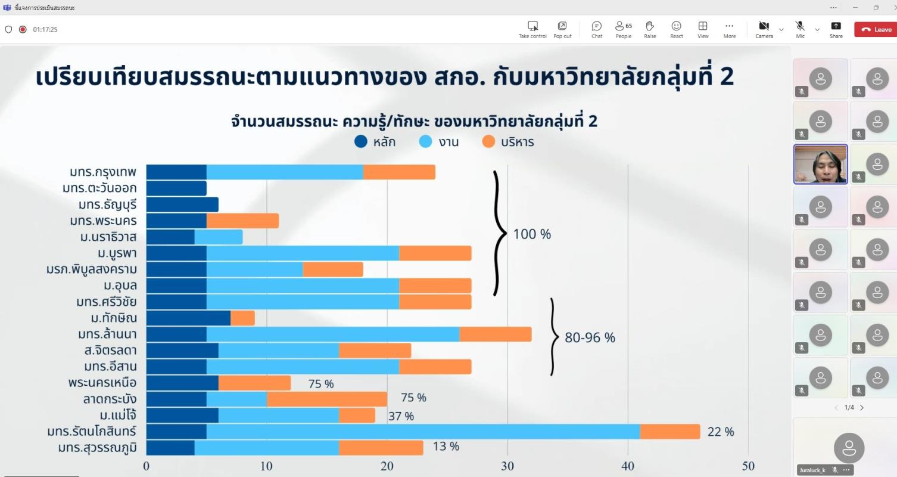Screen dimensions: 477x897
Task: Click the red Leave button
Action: click(x=875, y=29)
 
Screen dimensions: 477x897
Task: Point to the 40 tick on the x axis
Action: click(x=628, y=466)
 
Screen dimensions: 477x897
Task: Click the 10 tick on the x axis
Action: click(x=267, y=466)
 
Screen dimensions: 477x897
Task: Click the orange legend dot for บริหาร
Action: click(x=489, y=142)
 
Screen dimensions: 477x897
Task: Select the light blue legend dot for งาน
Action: click(x=426, y=142)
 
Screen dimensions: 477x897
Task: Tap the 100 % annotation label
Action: click(x=532, y=234)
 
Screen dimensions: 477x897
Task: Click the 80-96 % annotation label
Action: click(x=590, y=337)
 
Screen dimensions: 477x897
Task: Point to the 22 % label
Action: click(x=720, y=432)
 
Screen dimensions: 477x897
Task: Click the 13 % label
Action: click(x=446, y=447)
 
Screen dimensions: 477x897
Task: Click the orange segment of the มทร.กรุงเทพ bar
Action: click(x=399, y=172)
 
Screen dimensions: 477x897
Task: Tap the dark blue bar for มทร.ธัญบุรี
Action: click(x=182, y=205)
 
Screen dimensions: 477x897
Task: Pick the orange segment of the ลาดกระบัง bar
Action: click(x=327, y=399)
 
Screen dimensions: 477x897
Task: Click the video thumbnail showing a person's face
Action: click(x=820, y=164)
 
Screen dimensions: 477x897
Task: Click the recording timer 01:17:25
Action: click(x=45, y=29)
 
